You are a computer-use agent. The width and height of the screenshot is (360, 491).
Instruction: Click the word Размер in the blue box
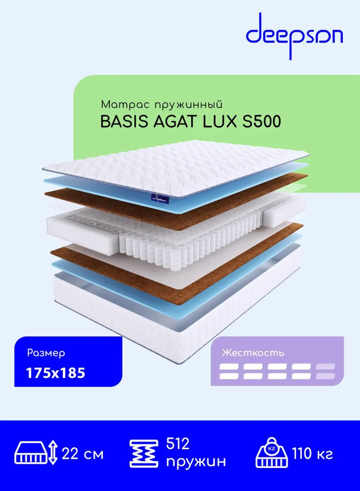click(x=46, y=353)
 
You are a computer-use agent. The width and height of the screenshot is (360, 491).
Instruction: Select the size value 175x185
click(x=56, y=373)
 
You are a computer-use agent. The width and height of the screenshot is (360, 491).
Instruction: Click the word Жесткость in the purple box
click(x=253, y=353)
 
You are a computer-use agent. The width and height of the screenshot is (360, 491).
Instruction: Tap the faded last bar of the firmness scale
click(x=326, y=371)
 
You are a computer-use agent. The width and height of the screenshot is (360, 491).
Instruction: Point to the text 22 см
click(x=83, y=454)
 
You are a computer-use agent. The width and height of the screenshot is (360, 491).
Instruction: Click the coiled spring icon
click(x=144, y=453)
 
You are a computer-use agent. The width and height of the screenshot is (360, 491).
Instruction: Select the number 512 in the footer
click(x=178, y=444)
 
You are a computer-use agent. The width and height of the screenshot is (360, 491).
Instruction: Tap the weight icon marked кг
click(x=272, y=452)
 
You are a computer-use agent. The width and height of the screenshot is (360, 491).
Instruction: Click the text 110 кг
click(x=312, y=453)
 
